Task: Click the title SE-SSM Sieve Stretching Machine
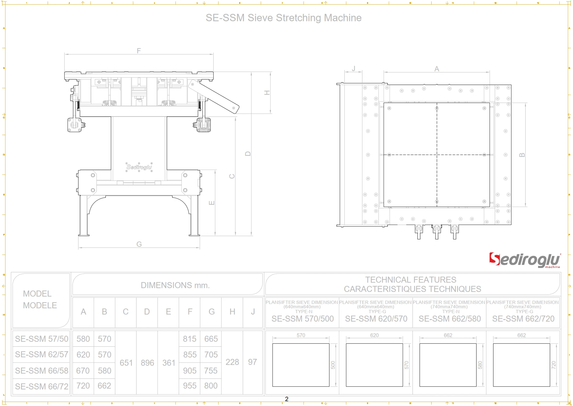pos(283,18)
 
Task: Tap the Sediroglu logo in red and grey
pos(524,260)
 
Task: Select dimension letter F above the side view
pos(139,50)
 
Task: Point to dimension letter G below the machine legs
pos(139,244)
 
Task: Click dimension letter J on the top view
pos(353,68)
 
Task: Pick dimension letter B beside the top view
pos(522,155)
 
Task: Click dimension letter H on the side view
pos(267,93)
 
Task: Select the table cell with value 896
pos(147,362)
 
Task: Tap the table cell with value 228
pos(232,362)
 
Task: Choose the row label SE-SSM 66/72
pos(42,386)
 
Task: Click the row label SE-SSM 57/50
pos(42,339)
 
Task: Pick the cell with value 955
pos(190,386)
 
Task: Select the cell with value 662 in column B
pos(104,386)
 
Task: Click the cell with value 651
pos(126,362)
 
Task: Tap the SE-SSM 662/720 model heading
pos(523,319)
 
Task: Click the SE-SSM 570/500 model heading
pos(302,319)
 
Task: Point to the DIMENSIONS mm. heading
pos(175,285)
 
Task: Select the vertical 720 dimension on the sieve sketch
pos(553,365)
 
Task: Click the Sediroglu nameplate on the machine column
pos(139,167)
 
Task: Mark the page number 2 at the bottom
pos(286,399)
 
